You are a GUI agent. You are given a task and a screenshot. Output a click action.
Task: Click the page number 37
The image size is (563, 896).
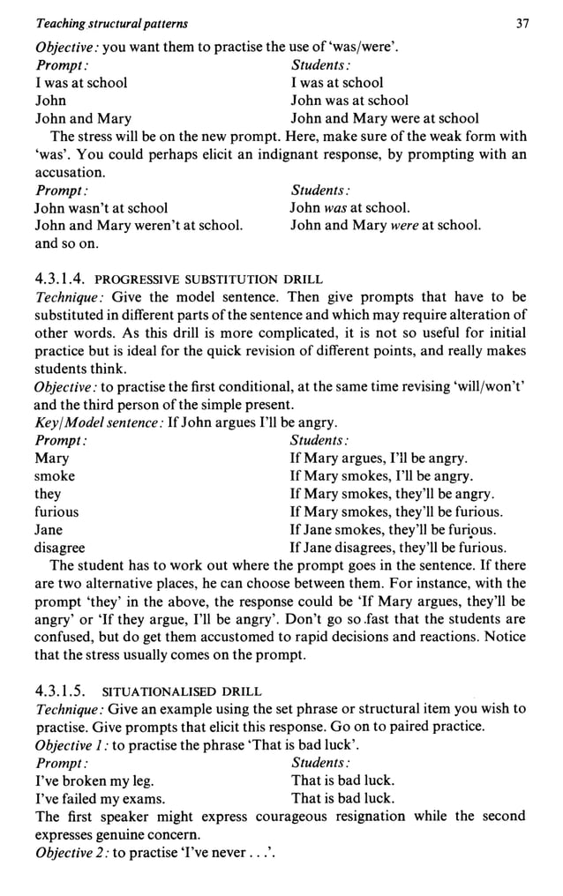coord(522,24)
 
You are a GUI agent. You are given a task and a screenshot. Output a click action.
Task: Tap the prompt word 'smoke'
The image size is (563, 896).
coord(55,476)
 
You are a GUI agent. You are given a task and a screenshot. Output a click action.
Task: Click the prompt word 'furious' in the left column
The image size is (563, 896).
coord(56,511)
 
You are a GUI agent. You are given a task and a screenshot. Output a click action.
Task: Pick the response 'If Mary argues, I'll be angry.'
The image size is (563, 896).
coord(379,459)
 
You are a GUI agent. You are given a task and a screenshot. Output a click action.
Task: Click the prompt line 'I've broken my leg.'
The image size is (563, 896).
coord(94,780)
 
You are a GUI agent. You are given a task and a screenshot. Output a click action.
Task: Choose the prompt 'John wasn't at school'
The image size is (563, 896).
coord(101,208)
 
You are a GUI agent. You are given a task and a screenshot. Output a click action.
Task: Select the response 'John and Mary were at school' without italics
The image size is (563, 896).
coord(385,118)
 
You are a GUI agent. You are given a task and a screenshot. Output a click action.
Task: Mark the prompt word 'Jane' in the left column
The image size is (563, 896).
coord(49,530)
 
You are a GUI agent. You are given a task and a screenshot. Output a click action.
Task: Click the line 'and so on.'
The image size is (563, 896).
coord(66,243)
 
